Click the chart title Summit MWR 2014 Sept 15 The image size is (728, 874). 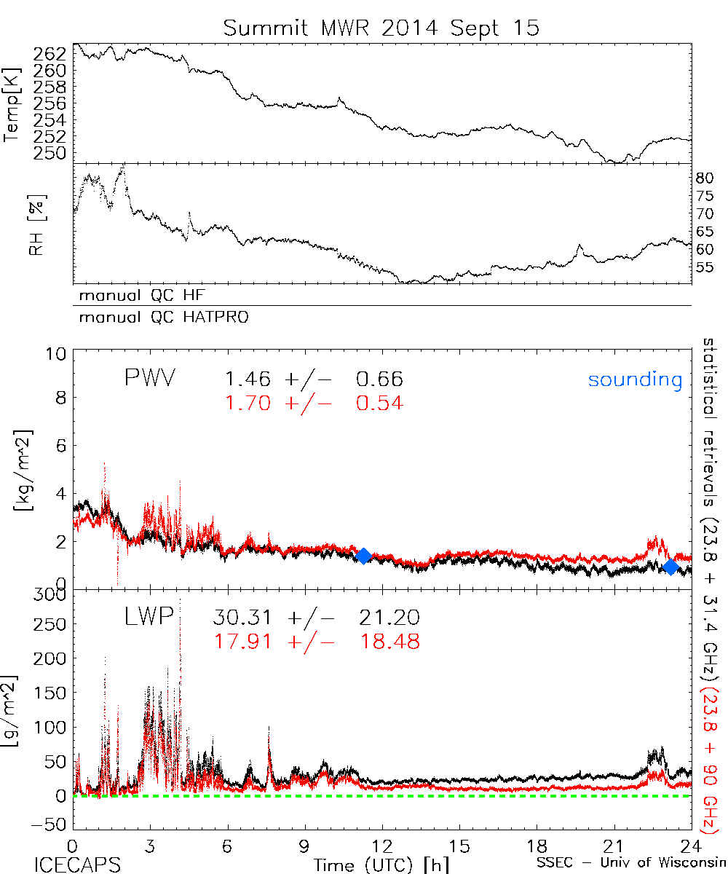[381, 28]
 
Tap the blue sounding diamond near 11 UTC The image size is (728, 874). [363, 556]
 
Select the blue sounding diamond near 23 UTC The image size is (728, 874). [671, 567]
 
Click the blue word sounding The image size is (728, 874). [636, 379]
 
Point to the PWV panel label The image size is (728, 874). [151, 379]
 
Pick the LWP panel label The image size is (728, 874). [149, 618]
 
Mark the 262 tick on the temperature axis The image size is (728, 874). [50, 54]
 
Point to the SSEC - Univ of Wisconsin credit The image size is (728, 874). [630, 863]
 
